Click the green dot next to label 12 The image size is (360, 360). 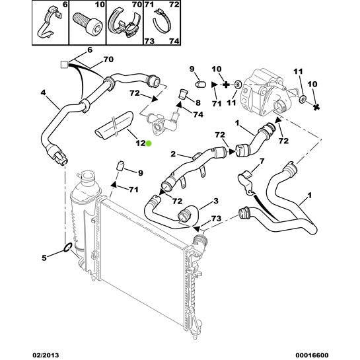click(149, 143)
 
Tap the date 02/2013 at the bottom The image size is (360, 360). click(45, 355)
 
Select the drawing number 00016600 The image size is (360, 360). click(311, 355)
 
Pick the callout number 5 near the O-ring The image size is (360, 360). click(44, 258)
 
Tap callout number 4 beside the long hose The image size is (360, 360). click(43, 93)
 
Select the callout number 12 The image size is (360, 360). click(141, 143)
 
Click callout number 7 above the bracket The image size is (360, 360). click(262, 161)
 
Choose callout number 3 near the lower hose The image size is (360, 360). click(215, 201)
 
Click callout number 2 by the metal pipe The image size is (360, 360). click(173, 154)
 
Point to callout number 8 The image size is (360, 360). click(198, 102)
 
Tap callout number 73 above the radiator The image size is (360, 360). click(216, 219)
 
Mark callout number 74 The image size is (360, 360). click(198, 114)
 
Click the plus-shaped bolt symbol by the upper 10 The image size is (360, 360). click(226, 85)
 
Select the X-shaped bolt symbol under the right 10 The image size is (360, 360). click(316, 106)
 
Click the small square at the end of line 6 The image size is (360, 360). click(64, 65)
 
